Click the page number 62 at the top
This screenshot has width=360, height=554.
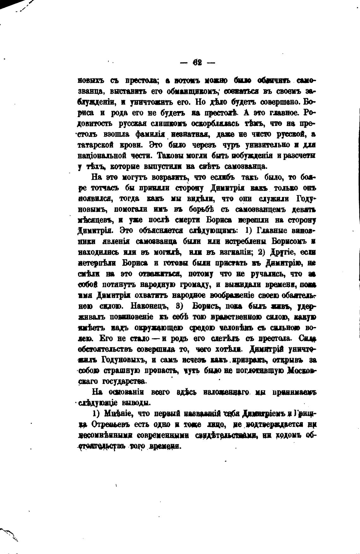[x=197, y=63]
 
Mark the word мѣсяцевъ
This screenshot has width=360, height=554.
[x=93, y=221]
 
